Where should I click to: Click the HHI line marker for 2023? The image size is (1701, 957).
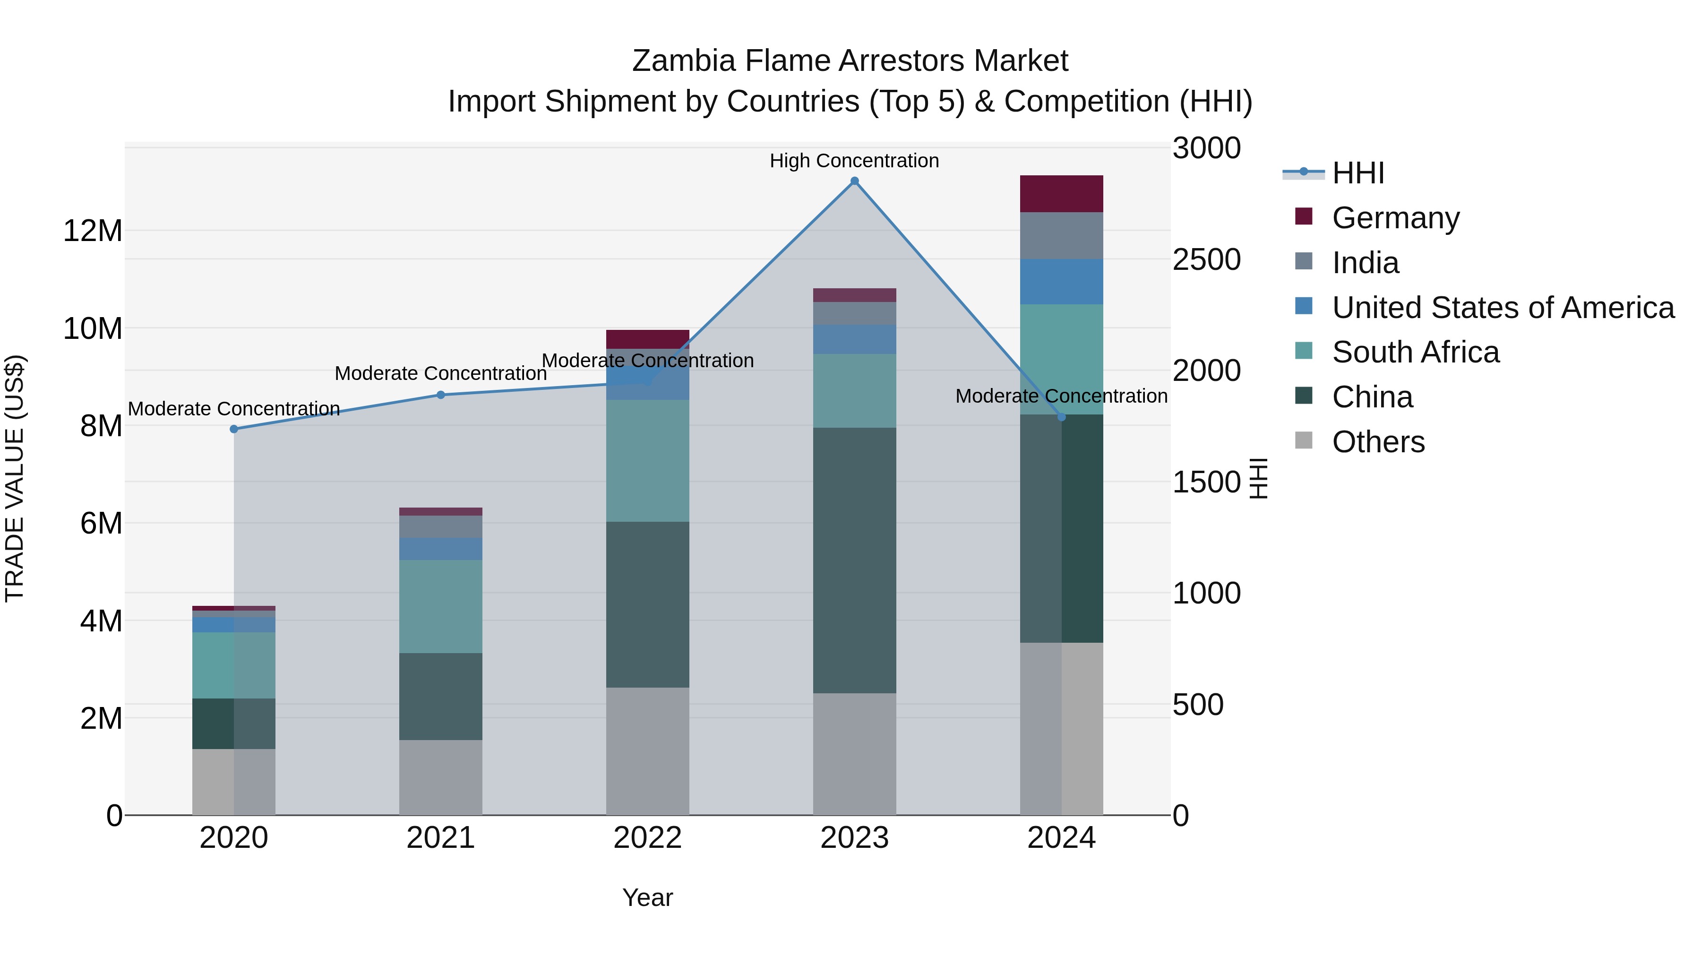point(854,181)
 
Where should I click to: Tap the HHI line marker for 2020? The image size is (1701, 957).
point(234,429)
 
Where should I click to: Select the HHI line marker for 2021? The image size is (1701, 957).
point(441,395)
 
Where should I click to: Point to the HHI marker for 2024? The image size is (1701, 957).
point(1062,417)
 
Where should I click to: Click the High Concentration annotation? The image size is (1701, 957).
point(854,161)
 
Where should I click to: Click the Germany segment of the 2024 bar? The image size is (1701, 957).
point(1061,194)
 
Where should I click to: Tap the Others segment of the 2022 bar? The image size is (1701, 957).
point(647,751)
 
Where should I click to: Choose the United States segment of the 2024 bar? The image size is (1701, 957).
point(1061,282)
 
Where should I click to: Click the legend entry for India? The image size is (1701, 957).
point(1365,263)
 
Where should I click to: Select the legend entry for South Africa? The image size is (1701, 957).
point(1415,352)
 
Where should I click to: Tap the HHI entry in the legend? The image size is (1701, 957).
point(1357,173)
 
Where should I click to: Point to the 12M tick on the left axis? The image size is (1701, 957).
point(93,231)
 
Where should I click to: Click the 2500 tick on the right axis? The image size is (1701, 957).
point(1206,259)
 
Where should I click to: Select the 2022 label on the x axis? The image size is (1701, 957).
point(647,838)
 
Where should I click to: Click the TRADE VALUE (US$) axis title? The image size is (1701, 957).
point(15,478)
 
